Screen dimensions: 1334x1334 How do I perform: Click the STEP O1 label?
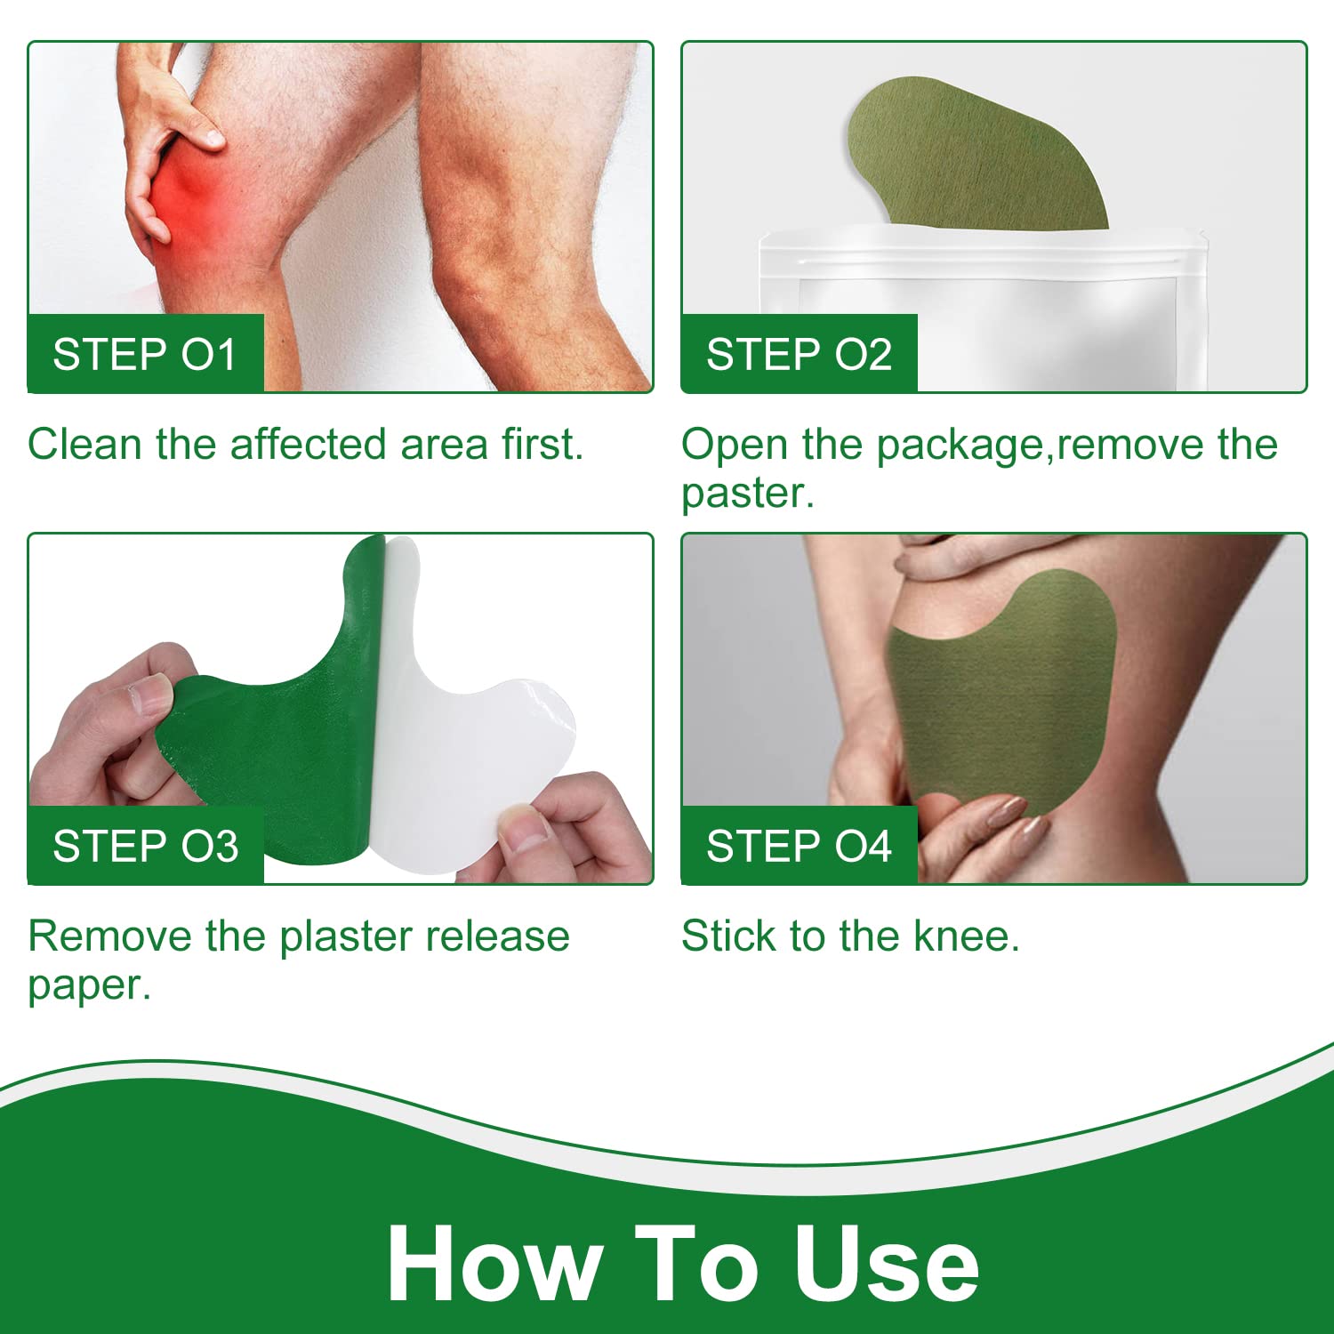coord(145,354)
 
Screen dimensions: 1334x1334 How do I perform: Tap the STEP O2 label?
coord(799,354)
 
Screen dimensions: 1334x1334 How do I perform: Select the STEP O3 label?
coord(146,846)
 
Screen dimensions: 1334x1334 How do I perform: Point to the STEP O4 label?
coord(799,846)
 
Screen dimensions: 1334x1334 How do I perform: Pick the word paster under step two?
coord(747,494)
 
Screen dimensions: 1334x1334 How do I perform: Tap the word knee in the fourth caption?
coord(966,936)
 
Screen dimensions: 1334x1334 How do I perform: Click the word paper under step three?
coord(90,986)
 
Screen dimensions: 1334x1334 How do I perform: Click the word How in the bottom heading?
coord(494,1263)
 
